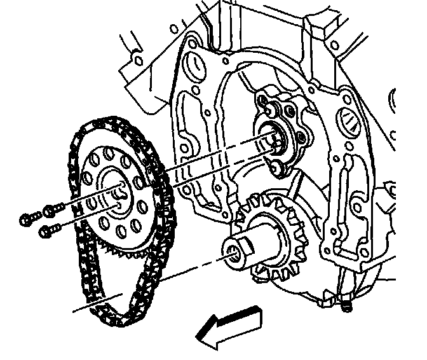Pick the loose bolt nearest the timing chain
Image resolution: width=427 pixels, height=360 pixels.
(x=54, y=207)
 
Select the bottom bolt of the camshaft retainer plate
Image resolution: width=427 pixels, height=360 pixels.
(x=275, y=167)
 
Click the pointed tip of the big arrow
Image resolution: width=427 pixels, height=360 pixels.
(x=199, y=338)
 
